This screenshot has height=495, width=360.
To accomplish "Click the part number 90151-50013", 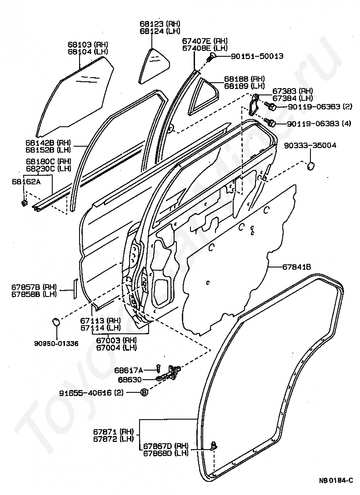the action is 257,56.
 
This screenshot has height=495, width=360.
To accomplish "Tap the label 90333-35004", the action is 310,145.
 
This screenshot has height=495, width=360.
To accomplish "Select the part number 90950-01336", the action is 56,343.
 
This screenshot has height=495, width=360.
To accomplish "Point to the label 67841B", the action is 296,267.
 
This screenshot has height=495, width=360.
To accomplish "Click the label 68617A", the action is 129,370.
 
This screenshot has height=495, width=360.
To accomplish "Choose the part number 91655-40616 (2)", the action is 91,392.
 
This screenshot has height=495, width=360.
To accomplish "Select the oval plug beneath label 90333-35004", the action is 311,166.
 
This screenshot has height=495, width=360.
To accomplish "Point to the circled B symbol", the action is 144,393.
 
